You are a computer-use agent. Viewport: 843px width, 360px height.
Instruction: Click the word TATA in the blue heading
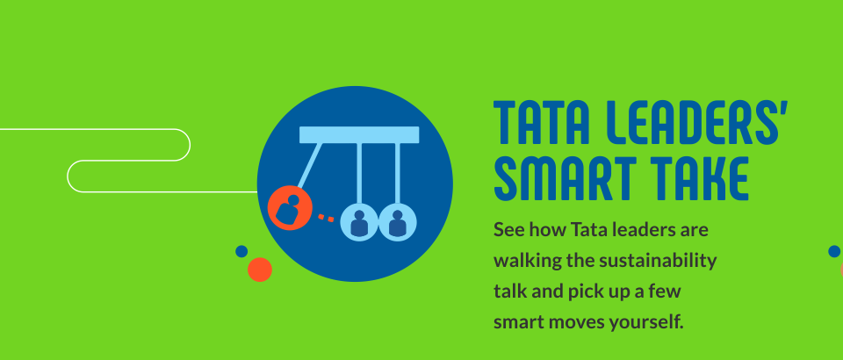point(542,123)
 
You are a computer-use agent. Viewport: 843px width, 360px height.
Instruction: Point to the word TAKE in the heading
point(699,178)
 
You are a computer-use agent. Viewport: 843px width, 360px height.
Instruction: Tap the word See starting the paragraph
point(509,230)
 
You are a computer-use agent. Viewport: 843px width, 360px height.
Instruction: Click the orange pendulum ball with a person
point(290,208)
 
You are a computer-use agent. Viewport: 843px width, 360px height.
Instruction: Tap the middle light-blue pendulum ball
point(359,222)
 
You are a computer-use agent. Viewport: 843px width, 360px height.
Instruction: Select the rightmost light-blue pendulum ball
point(397,222)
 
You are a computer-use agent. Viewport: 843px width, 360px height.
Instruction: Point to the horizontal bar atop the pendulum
point(359,135)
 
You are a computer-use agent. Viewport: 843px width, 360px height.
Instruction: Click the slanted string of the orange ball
point(310,165)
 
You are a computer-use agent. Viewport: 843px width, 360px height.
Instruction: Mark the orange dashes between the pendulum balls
point(326,218)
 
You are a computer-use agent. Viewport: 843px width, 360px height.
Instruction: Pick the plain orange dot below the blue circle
point(260,270)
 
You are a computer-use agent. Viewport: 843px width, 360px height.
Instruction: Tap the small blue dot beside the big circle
point(241,251)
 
